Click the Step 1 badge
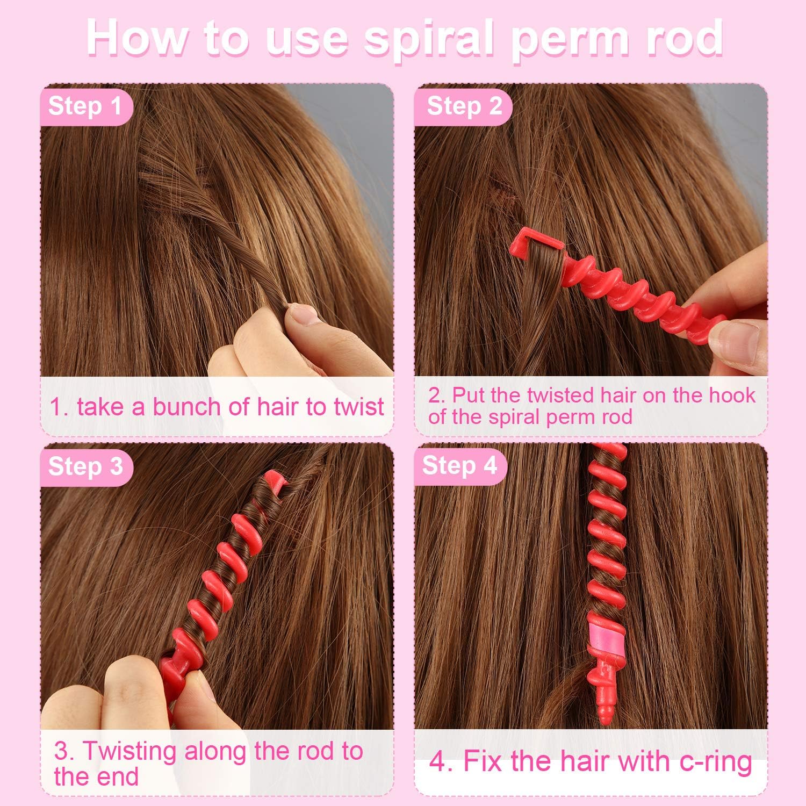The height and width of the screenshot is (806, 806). point(85,106)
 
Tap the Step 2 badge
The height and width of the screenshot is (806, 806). point(464,106)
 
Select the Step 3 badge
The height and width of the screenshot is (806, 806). point(85,466)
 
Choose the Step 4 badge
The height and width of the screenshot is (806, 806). point(459,465)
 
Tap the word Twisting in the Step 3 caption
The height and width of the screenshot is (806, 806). point(129,751)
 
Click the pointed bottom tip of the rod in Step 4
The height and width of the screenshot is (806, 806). point(606,717)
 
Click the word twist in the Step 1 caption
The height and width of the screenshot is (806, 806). point(358,407)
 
